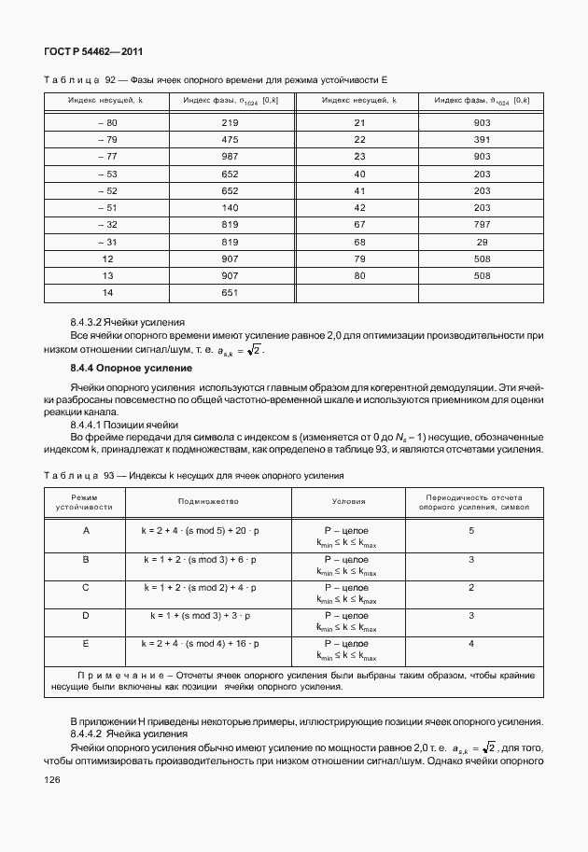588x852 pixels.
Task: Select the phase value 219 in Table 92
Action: click(x=231, y=123)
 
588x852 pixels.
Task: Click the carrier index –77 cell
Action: click(x=107, y=157)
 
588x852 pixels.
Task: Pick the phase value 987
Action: click(x=231, y=157)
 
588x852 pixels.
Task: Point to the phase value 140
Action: click(x=231, y=207)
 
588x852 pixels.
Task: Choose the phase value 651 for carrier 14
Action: click(x=231, y=292)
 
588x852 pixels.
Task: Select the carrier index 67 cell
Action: click(x=358, y=224)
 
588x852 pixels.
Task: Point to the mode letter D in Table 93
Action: click(x=86, y=616)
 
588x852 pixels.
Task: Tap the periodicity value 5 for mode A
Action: click(x=471, y=530)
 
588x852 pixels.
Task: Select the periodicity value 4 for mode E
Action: click(x=471, y=644)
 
